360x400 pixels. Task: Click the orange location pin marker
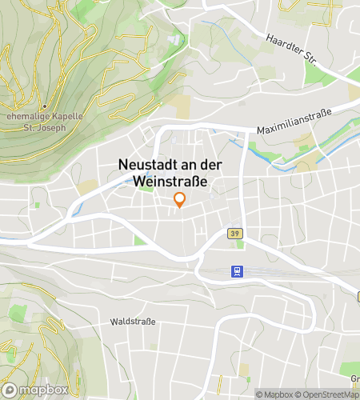click(x=180, y=200)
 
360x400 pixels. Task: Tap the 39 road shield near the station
click(x=234, y=234)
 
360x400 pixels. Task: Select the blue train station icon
click(x=236, y=272)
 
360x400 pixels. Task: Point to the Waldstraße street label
click(x=133, y=322)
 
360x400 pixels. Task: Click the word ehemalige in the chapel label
click(x=27, y=115)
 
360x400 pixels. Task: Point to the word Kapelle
click(x=67, y=115)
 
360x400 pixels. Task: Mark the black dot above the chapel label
click(x=45, y=106)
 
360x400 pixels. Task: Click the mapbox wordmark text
click(x=43, y=390)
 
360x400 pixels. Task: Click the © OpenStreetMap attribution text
click(x=325, y=394)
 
